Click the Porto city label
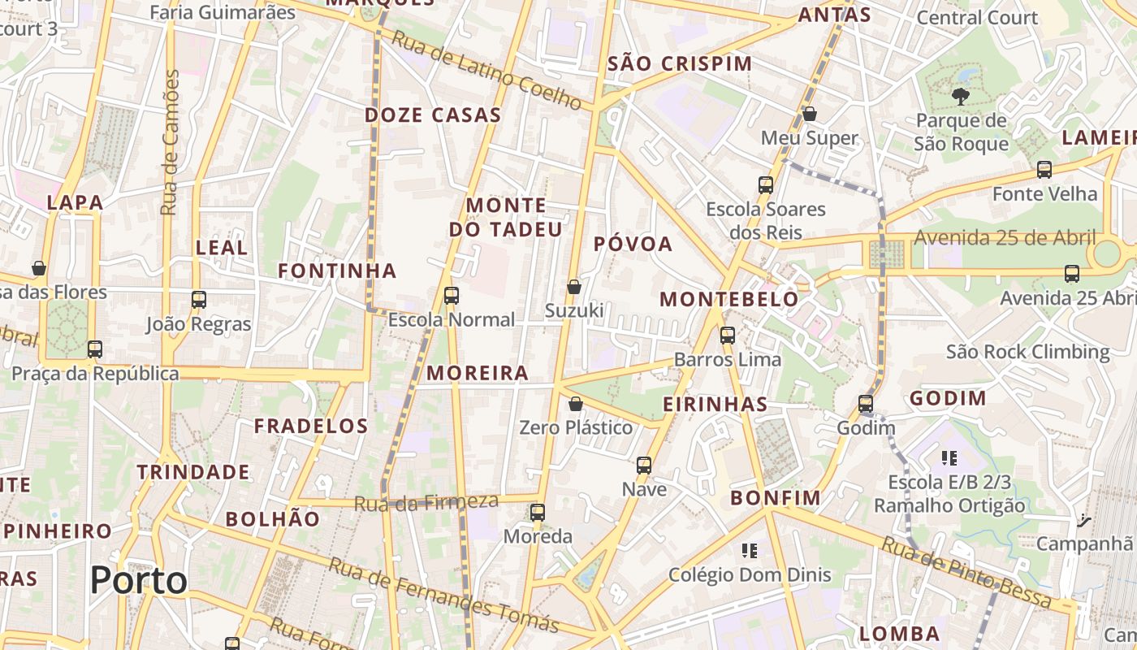pos(138,580)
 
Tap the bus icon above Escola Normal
pos(452,296)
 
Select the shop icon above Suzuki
pos(574,286)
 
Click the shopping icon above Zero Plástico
pos(576,403)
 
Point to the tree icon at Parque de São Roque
pos(960,97)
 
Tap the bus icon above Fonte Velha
pos(1044,170)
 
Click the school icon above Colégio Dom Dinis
pos(749,551)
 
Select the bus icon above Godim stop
pos(866,404)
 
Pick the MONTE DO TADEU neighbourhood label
pos(506,217)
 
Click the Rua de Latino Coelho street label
pos(486,71)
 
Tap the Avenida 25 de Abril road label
pos(1005,238)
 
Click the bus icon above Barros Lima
pos(727,335)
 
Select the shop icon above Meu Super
pos(810,114)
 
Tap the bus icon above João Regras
pos(199,300)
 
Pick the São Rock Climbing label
pos(1027,352)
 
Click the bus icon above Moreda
pos(538,513)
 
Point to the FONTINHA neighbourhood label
pos(337,271)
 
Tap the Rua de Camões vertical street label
pos(170,142)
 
